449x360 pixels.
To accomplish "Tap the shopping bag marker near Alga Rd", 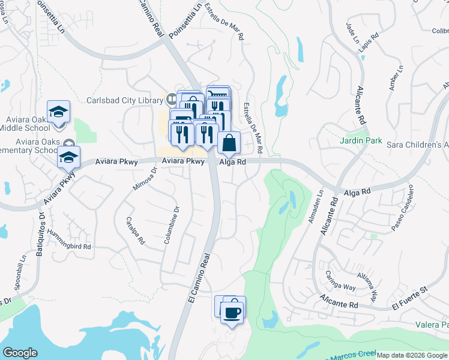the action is [x=229, y=143].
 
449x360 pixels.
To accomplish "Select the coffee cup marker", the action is [x=232, y=312].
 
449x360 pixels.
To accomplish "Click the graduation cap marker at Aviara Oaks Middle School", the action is [x=59, y=112].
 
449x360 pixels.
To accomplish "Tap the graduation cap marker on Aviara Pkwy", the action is [x=69, y=157].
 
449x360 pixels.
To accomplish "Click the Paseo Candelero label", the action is [x=403, y=207].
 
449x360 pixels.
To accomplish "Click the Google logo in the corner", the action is [x=20, y=353].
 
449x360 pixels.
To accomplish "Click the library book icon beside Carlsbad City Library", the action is [x=172, y=98].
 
